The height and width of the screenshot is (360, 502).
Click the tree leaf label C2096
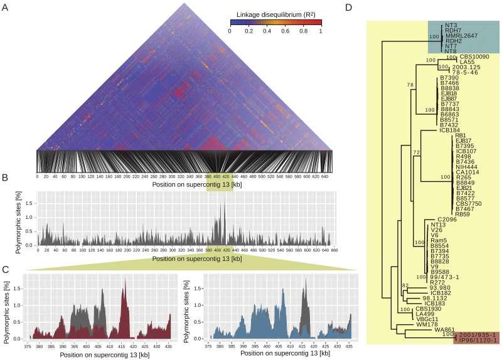(439, 219)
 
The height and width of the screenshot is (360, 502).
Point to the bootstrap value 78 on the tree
(410, 85)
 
